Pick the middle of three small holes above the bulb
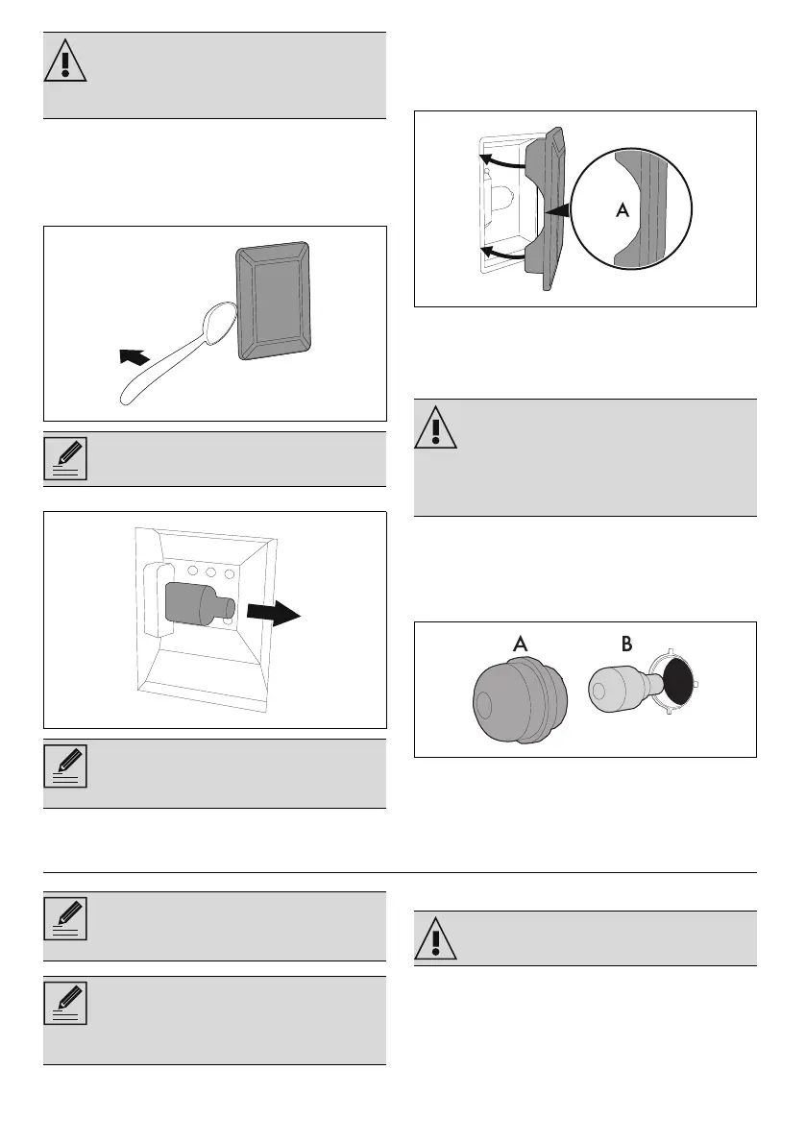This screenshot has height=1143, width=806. click(209, 572)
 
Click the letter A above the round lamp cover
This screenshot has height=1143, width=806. click(520, 644)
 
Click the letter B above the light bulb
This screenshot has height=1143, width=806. click(626, 644)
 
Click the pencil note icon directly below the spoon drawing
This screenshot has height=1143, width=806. click(65, 458)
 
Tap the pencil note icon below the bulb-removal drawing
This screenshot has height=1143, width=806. click(65, 766)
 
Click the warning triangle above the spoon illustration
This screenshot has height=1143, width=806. click(65, 62)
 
